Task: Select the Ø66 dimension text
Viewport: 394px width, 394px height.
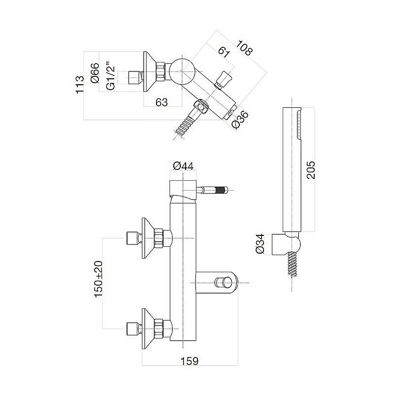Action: [96, 72]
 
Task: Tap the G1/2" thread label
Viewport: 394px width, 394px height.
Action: [111, 77]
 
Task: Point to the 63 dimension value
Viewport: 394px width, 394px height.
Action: [161, 102]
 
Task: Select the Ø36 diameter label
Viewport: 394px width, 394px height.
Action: [240, 120]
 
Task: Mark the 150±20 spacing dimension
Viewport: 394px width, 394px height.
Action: [98, 279]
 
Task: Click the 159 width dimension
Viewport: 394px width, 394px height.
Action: [189, 361]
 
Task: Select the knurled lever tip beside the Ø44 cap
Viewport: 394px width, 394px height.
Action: [221, 189]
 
